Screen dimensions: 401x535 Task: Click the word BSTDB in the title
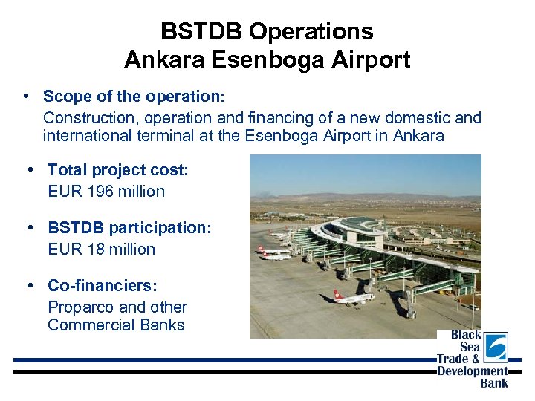click(201, 32)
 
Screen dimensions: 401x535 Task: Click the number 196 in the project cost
click(101, 191)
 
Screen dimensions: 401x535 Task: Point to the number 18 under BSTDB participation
click(95, 250)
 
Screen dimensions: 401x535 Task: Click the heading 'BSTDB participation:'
click(129, 228)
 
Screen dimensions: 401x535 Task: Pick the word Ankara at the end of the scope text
click(419, 136)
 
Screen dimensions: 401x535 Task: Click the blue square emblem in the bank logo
click(496, 347)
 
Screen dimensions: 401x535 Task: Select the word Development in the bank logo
click(472, 371)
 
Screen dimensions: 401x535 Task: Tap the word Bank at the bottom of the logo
click(493, 383)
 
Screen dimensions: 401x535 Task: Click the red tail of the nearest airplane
click(337, 295)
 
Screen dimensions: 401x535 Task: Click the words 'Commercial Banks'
click(116, 325)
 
